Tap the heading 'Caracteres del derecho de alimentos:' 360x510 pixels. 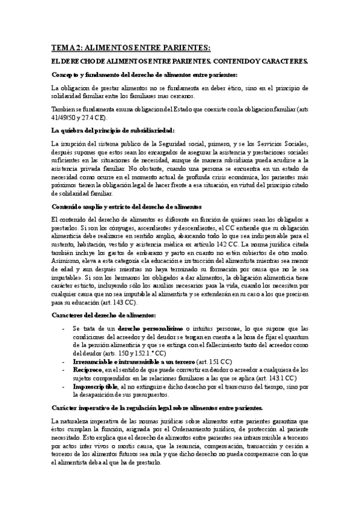coord(104,315)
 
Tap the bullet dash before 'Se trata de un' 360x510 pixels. coord(64,328)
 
